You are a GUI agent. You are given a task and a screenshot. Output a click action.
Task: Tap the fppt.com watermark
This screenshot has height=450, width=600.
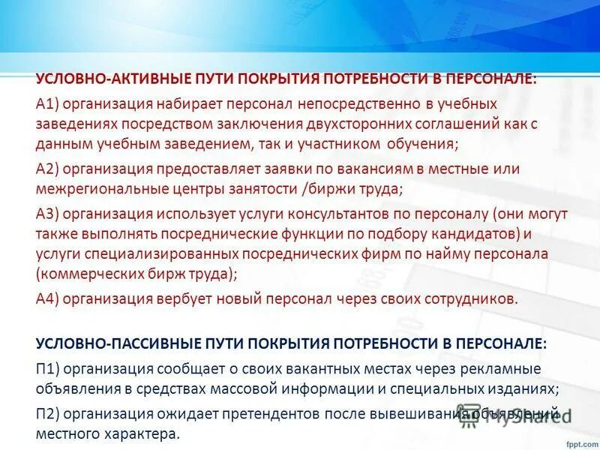577,441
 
